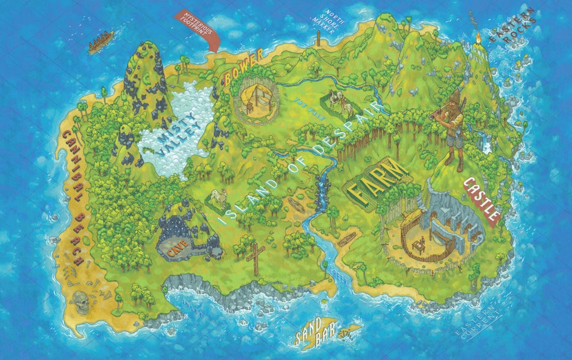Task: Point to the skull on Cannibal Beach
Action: tap(80, 302)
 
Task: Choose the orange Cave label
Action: tap(176, 249)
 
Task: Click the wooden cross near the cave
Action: tap(255, 256)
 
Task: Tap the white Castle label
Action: tap(482, 198)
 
